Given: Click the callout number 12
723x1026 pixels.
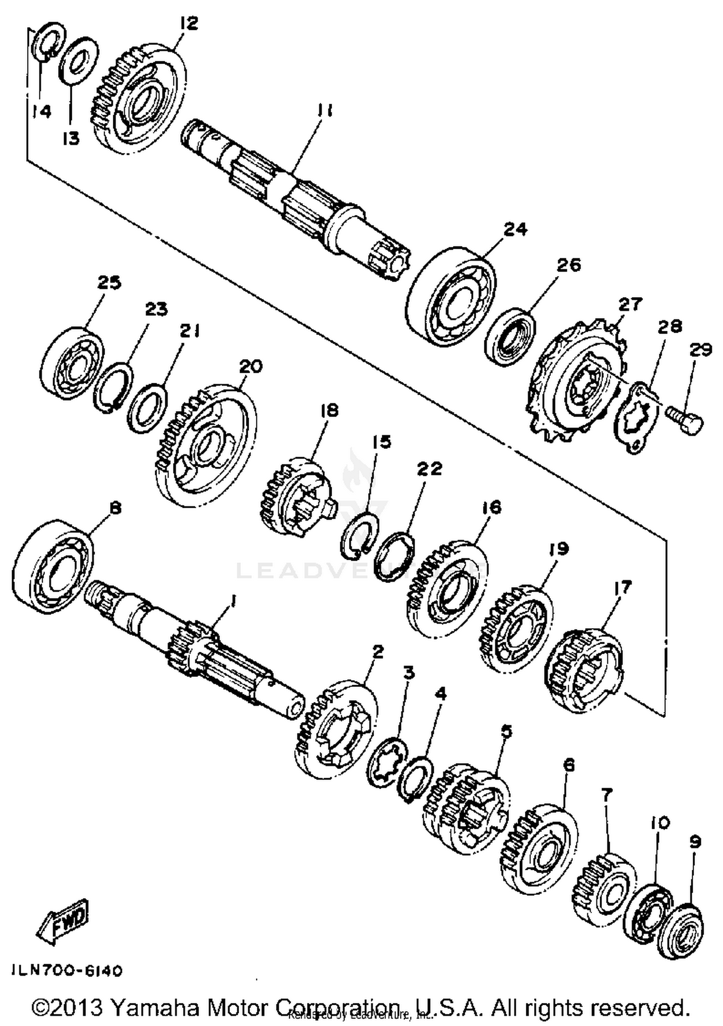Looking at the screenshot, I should click(189, 23).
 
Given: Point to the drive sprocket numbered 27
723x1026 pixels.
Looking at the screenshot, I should click(578, 381).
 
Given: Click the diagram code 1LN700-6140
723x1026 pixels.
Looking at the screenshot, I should click(66, 970).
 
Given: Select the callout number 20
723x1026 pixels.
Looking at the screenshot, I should click(251, 366).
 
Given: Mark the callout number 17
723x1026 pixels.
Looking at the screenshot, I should click(622, 587).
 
